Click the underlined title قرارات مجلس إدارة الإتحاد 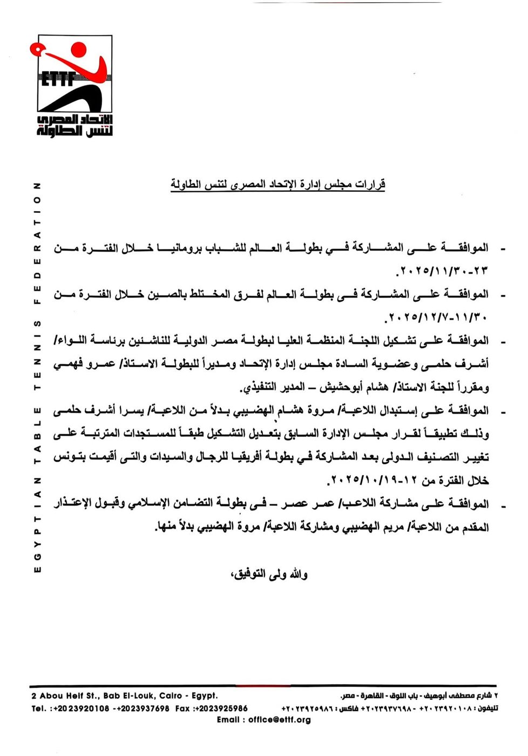click(278, 185)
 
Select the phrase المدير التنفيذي click(268, 387)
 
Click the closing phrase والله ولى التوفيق click(269, 574)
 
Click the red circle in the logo click(79, 50)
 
